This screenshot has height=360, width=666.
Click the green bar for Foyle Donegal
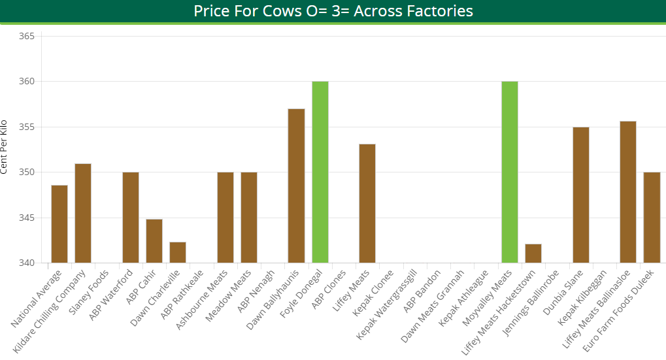click(x=320, y=172)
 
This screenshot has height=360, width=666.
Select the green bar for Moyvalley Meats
click(x=510, y=172)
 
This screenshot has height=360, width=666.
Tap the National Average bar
click(x=59, y=224)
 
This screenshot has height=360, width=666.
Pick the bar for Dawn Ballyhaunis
click(x=297, y=186)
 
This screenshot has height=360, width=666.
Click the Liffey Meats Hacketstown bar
click(x=533, y=254)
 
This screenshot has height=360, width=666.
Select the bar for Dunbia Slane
click(x=581, y=195)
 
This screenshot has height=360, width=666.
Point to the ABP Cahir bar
click(x=154, y=241)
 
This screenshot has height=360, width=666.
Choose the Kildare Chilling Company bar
click(x=83, y=213)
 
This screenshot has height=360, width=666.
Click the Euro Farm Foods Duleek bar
click(x=652, y=218)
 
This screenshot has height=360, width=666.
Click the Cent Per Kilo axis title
click(x=5, y=147)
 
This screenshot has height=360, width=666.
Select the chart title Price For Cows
click(x=333, y=11)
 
